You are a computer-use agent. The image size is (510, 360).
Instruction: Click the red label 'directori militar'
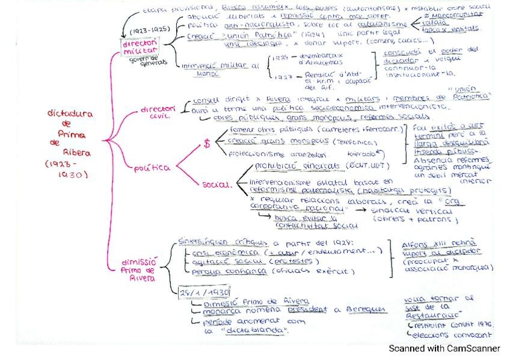point(140,48)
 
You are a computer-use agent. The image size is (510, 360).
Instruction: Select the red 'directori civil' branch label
point(157,112)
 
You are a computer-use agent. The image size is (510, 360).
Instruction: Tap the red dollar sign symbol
point(207,144)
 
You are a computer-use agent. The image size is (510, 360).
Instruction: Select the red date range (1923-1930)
point(67,169)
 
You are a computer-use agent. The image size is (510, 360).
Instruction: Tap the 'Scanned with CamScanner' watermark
point(444,348)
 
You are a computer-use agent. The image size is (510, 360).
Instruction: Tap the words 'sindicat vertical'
point(420,212)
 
